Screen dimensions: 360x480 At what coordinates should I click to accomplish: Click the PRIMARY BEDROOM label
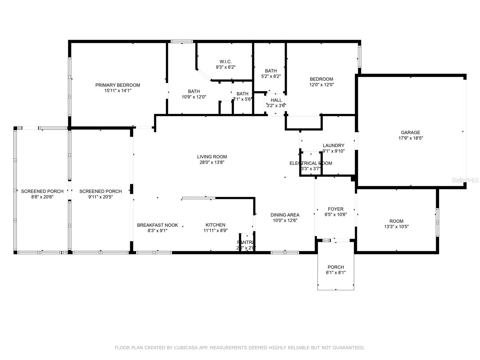click(118, 85)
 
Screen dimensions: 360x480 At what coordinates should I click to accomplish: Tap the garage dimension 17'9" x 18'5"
click(410, 138)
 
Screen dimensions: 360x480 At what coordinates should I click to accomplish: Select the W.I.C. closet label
click(226, 62)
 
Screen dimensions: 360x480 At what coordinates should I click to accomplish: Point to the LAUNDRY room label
click(333, 145)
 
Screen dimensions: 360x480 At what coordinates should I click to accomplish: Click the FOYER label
click(336, 209)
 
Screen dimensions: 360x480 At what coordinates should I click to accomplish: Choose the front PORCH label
click(336, 267)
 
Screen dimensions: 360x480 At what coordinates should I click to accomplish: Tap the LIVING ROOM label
click(212, 157)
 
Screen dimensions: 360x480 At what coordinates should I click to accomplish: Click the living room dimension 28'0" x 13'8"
click(212, 162)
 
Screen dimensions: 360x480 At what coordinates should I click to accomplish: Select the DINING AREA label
click(285, 215)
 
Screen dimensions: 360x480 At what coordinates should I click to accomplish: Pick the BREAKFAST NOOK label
click(157, 225)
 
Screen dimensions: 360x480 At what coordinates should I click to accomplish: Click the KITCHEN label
click(215, 225)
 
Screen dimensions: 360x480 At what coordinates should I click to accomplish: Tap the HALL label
click(276, 100)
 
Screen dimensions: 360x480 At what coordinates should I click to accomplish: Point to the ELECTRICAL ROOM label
click(311, 163)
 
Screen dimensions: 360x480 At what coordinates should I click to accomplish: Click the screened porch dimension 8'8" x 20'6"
click(42, 197)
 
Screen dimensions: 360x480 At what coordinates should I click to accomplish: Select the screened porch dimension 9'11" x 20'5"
click(100, 197)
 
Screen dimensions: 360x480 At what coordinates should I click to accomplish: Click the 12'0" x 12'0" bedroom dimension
click(322, 85)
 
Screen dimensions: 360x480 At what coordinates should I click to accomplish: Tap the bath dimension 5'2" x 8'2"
click(271, 76)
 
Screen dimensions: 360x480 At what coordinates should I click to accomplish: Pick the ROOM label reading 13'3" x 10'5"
click(396, 221)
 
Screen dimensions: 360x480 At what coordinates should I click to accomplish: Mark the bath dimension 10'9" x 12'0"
click(194, 97)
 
